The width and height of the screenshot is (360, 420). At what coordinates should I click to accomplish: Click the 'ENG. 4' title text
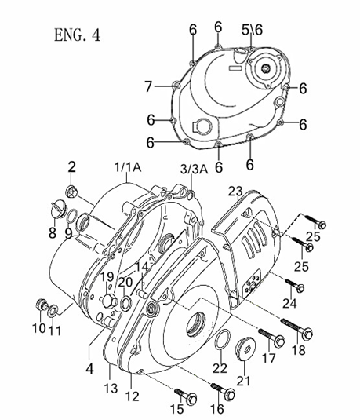point(78,35)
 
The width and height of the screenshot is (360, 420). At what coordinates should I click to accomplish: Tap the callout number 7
point(147,86)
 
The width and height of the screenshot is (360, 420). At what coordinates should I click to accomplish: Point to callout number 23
point(235,191)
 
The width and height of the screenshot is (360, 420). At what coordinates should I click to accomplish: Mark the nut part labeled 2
point(71,191)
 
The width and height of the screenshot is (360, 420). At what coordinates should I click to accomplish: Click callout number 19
point(107,277)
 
